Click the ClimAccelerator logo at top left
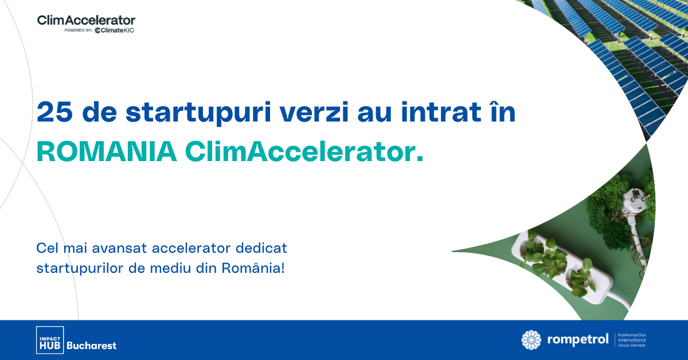86,20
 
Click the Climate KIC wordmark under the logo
115,30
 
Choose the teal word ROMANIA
107,151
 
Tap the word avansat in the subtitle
122,249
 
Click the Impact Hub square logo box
49,339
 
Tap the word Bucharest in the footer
92,346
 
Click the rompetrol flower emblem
531,340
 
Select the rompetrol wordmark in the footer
578,340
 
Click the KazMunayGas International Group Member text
634,340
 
